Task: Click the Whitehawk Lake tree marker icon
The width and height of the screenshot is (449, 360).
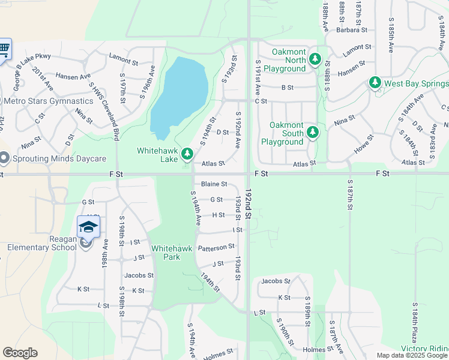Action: tap(187, 155)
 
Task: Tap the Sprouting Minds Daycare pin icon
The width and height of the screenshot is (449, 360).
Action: tap(4, 159)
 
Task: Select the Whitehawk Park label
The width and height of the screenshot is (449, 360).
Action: tap(166, 252)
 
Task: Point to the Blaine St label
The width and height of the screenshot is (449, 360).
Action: tap(214, 184)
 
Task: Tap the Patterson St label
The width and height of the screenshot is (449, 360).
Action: tap(216, 247)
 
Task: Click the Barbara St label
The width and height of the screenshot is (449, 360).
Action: tap(351, 29)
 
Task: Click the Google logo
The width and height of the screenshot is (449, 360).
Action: tap(20, 353)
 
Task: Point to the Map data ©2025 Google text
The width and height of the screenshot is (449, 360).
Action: tap(412, 355)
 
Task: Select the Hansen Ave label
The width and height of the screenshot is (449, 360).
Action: tap(73, 76)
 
